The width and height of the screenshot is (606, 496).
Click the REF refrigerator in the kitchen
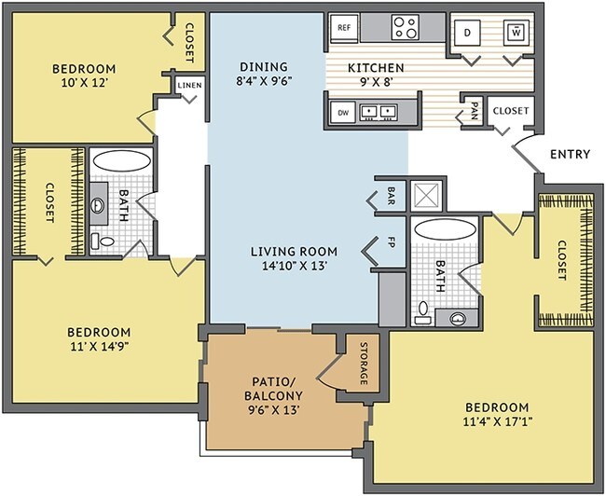pyautogui.click(x=344, y=27)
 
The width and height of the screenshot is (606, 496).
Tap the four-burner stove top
pyautogui.click(x=405, y=27)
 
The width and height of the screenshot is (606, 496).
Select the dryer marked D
pyautogui.click(x=467, y=33)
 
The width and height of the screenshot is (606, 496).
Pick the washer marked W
pyautogui.click(x=516, y=33)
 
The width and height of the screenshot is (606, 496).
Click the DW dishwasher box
pyautogui.click(x=343, y=113)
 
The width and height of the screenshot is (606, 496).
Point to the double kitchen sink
pyautogui.click(x=379, y=112)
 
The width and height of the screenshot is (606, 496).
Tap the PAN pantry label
pyautogui.click(x=475, y=111)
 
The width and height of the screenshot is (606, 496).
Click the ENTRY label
pyautogui.click(x=570, y=154)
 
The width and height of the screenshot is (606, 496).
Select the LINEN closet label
pyautogui.click(x=190, y=85)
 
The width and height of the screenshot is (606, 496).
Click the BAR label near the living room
pyautogui.click(x=391, y=196)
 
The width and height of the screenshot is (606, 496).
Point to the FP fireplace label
pyautogui.click(x=391, y=242)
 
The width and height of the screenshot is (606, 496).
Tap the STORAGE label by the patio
pyautogui.click(x=364, y=364)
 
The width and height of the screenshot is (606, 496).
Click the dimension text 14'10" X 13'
pyautogui.click(x=295, y=266)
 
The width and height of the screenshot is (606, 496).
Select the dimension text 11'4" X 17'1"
pyautogui.click(x=498, y=421)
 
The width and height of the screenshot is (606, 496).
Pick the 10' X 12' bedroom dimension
pyautogui.click(x=84, y=83)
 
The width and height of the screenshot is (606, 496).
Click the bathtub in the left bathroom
pyautogui.click(x=122, y=161)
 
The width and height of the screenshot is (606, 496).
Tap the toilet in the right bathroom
pyautogui.click(x=423, y=312)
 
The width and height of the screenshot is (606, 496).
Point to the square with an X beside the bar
pyautogui.click(x=426, y=195)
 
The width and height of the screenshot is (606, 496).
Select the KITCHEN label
pyautogui.click(x=376, y=68)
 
